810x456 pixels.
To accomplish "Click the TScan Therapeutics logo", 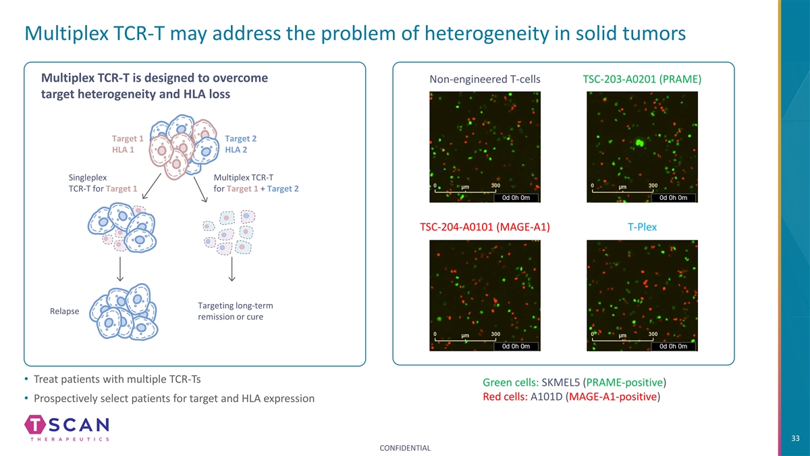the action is [x=67, y=428].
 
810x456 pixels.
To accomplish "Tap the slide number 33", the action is [x=795, y=438].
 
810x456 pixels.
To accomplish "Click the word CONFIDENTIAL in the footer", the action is [x=405, y=448].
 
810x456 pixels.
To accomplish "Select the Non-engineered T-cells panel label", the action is [x=485, y=79].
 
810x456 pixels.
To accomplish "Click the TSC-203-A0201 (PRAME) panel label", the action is [x=642, y=79].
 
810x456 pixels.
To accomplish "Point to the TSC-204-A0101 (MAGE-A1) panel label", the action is [x=485, y=227].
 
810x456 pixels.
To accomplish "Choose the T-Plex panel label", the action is [x=642, y=227].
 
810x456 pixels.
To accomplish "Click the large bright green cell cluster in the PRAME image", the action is [x=640, y=143].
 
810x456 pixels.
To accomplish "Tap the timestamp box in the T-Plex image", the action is [x=673, y=347].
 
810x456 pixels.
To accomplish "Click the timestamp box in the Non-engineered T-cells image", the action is [x=516, y=197].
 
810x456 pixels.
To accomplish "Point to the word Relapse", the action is [x=64, y=311].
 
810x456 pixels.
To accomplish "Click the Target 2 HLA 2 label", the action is [x=240, y=144].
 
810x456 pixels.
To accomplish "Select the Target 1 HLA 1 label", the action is [x=128, y=144].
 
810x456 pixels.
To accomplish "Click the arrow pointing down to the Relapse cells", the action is [x=120, y=269].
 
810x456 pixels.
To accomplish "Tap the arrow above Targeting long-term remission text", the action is [x=232, y=269].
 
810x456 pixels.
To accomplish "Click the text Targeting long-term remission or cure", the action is [x=236, y=311].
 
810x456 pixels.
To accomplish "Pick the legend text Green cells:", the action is [x=510, y=382].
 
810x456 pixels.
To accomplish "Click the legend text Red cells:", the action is [x=505, y=397].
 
